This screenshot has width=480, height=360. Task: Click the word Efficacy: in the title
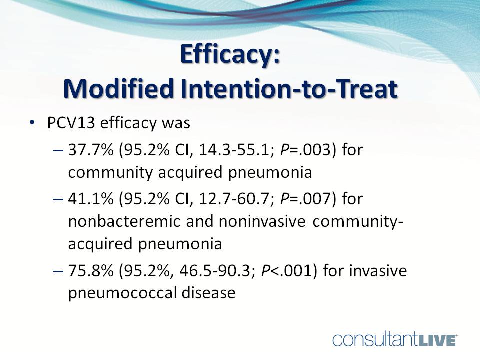pyautogui.click(x=230, y=55)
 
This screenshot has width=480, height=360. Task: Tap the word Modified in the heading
pyautogui.click(x=119, y=89)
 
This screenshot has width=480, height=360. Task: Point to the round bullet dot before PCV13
pyautogui.click(x=32, y=123)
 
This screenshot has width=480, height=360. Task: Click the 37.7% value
pyautogui.click(x=91, y=150)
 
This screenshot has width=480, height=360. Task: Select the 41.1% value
pyautogui.click(x=91, y=199)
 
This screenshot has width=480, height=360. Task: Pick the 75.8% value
pyautogui.click(x=91, y=271)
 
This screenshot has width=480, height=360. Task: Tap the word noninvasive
pyautogui.click(x=262, y=221)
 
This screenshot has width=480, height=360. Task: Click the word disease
pyautogui.click(x=209, y=292)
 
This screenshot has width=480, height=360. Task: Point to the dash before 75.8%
pyautogui.click(x=58, y=271)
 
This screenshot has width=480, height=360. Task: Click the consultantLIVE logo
pyautogui.click(x=395, y=340)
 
